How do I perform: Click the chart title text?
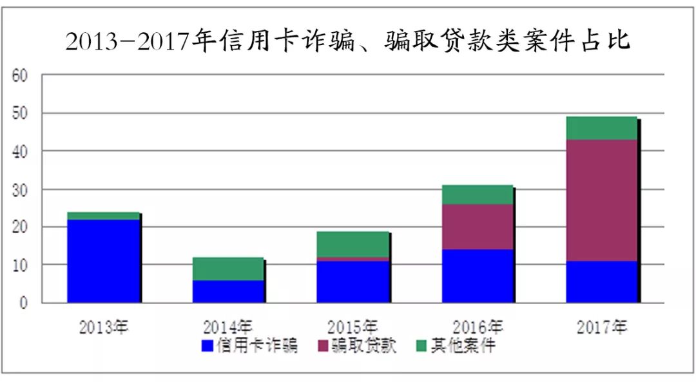tap(347, 42)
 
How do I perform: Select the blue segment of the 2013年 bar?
tap(103, 261)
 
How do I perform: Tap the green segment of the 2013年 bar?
tap(103, 216)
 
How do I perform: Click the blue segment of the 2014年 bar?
tap(228, 291)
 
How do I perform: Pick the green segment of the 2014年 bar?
tap(228, 269)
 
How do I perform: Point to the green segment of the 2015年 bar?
tap(353, 244)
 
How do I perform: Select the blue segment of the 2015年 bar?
tap(353, 282)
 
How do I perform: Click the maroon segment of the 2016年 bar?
tap(478, 227)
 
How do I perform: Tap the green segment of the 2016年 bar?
tap(478, 195)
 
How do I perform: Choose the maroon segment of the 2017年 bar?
tap(602, 200)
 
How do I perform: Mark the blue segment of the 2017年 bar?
tap(602, 282)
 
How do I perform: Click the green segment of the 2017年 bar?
tap(602, 128)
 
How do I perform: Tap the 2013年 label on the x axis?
tap(104, 327)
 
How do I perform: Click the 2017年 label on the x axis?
tap(602, 327)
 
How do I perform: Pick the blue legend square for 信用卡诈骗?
tap(208, 346)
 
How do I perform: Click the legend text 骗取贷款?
tap(364, 346)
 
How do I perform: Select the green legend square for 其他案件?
tap(421, 346)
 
